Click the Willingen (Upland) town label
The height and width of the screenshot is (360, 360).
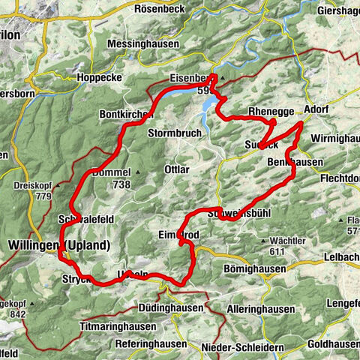coord(59,245)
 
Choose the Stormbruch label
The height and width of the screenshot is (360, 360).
coord(175,135)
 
